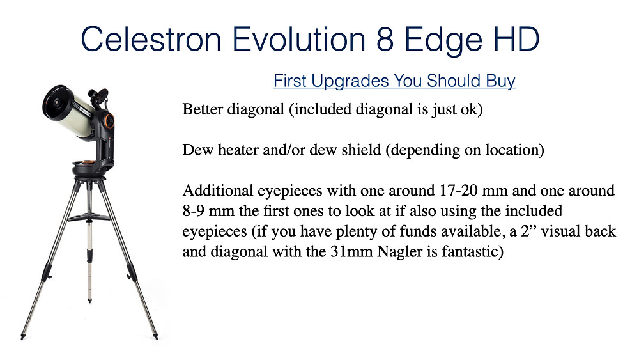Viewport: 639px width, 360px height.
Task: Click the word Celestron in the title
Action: pyautogui.click(x=151, y=39)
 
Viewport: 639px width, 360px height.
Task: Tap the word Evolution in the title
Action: pyautogui.click(x=298, y=39)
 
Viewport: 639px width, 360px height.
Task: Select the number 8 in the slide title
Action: pyautogui.click(x=385, y=40)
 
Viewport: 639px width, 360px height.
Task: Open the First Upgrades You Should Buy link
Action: pyautogui.click(x=394, y=81)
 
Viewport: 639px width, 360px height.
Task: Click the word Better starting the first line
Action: pyautogui.click(x=203, y=109)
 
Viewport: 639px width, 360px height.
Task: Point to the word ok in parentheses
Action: pyautogui.click(x=473, y=109)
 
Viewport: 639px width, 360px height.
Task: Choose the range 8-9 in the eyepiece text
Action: pyautogui.click(x=193, y=211)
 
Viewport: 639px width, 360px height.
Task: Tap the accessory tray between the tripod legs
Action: pyautogui.click(x=89, y=217)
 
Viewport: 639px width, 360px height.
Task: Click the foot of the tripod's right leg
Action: pyautogui.click(x=155, y=337)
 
